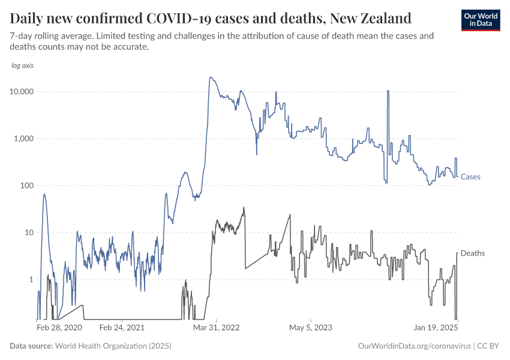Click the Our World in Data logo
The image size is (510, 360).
coord(480,20)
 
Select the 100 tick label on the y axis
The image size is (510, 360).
coord(26,185)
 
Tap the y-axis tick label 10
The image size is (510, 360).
coord(29,233)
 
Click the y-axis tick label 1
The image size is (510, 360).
coord(31,280)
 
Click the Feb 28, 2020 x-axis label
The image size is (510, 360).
coord(59,328)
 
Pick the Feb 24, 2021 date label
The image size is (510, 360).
coord(122,328)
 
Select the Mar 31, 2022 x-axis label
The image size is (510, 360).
coord(216,328)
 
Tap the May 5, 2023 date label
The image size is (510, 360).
coord(310,328)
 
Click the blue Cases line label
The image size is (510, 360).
coord(470,177)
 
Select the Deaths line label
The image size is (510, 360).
coord(472,254)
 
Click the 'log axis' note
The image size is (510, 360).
coord(23,65)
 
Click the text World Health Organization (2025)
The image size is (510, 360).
coord(113,346)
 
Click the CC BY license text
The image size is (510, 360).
coord(489,346)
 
